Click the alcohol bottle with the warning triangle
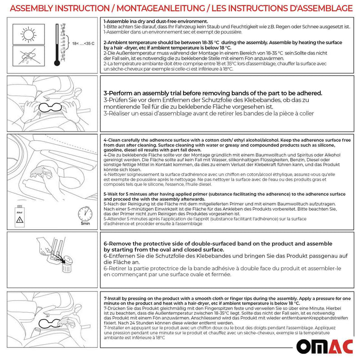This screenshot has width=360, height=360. pos(20,216)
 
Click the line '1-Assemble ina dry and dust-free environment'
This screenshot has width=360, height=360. pos(155,22)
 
